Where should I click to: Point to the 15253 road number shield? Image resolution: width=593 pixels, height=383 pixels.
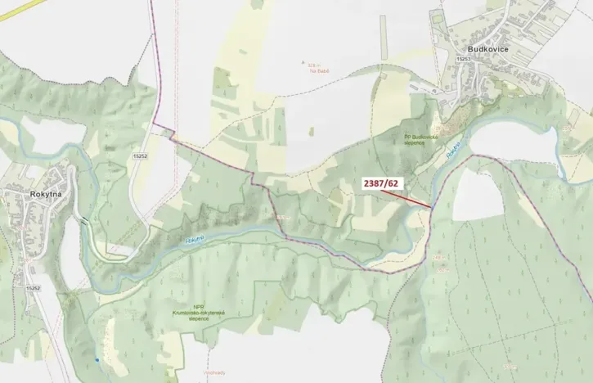click(464, 60)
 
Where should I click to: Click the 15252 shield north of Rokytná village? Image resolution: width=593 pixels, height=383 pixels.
click(140, 155)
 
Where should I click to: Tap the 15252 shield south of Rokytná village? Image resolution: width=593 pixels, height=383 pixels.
click(33, 289)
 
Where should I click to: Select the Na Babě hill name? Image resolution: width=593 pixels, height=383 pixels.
click(307, 70)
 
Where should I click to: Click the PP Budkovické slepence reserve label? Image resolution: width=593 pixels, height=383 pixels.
click(421, 140)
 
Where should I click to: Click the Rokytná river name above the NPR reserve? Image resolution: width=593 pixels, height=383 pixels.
click(194, 238)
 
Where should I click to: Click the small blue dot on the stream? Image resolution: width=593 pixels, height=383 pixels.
click(96, 360)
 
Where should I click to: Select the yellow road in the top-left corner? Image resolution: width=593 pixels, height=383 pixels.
click(12, 10)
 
